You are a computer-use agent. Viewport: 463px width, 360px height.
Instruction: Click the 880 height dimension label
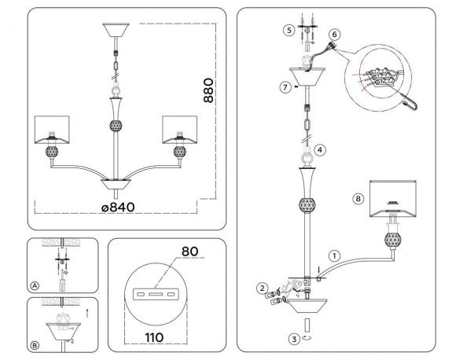pos(208,90)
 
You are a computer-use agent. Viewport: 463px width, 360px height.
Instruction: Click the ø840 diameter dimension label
pos(118,207)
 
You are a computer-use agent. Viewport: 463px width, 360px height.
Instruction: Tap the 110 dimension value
pos(154,337)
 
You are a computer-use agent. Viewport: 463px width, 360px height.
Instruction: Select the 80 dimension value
pos(189,252)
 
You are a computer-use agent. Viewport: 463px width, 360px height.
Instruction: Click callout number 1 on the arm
pos(334,255)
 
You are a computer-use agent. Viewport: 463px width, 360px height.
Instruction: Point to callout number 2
pos(263,288)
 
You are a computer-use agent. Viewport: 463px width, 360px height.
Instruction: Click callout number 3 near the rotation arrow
pos(294,340)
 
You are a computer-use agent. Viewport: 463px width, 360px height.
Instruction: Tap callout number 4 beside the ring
pos(320,149)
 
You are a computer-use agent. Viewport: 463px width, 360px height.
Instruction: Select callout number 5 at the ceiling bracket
pos(288,30)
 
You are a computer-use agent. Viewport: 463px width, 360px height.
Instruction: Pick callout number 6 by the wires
pos(335,35)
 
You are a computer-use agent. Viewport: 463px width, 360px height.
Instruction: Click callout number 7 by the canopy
pos(285,87)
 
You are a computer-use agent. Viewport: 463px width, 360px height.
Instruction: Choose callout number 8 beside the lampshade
pos(358,198)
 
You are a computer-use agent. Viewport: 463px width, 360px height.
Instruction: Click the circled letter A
pos(35,286)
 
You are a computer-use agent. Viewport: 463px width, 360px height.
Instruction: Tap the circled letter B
pos(35,345)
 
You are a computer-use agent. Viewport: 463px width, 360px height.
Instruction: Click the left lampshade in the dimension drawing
pos(52,130)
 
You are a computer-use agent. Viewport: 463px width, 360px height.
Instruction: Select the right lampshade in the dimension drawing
pos(180,130)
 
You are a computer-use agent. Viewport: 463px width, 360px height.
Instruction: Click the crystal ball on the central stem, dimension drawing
pos(116,126)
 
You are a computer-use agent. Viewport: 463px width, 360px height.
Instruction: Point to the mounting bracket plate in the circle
pos(156,294)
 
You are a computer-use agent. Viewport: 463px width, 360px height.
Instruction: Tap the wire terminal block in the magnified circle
pos(380,77)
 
